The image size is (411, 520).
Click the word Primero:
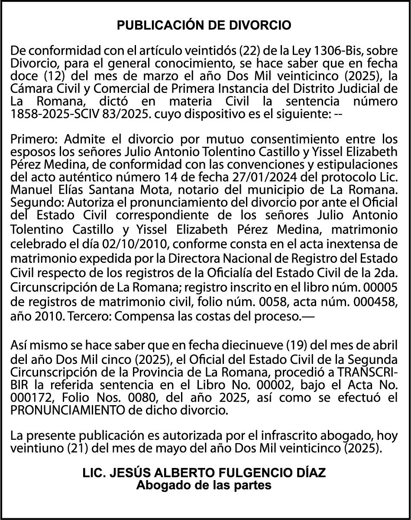click(x=35, y=140)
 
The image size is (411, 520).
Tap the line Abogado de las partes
click(x=204, y=485)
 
